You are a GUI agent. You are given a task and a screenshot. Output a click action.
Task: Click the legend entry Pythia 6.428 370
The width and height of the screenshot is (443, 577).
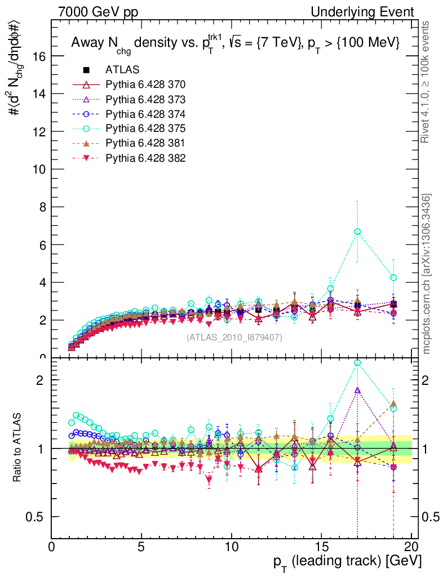[x=145, y=85]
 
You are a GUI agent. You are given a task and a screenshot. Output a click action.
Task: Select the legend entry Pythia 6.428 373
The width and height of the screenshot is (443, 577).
[x=145, y=99]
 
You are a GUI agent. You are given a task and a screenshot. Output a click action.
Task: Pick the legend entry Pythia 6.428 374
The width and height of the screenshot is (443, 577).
[x=145, y=114]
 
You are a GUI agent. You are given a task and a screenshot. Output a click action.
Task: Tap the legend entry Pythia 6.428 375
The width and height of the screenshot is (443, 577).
[x=145, y=128]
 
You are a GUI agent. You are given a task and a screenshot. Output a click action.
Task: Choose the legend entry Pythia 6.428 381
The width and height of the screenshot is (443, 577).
[x=145, y=143]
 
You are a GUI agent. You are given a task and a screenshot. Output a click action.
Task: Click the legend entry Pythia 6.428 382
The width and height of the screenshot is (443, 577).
[x=145, y=158]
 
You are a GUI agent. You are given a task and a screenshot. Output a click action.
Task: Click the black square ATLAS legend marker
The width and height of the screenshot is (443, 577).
[x=86, y=70]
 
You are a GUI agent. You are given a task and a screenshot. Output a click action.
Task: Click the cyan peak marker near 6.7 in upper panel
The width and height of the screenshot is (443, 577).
[x=357, y=232]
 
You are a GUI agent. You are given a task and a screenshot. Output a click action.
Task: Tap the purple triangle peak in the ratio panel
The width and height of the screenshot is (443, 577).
[x=357, y=390]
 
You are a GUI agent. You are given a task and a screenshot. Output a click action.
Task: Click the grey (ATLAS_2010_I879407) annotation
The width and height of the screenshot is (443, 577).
[x=234, y=337]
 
